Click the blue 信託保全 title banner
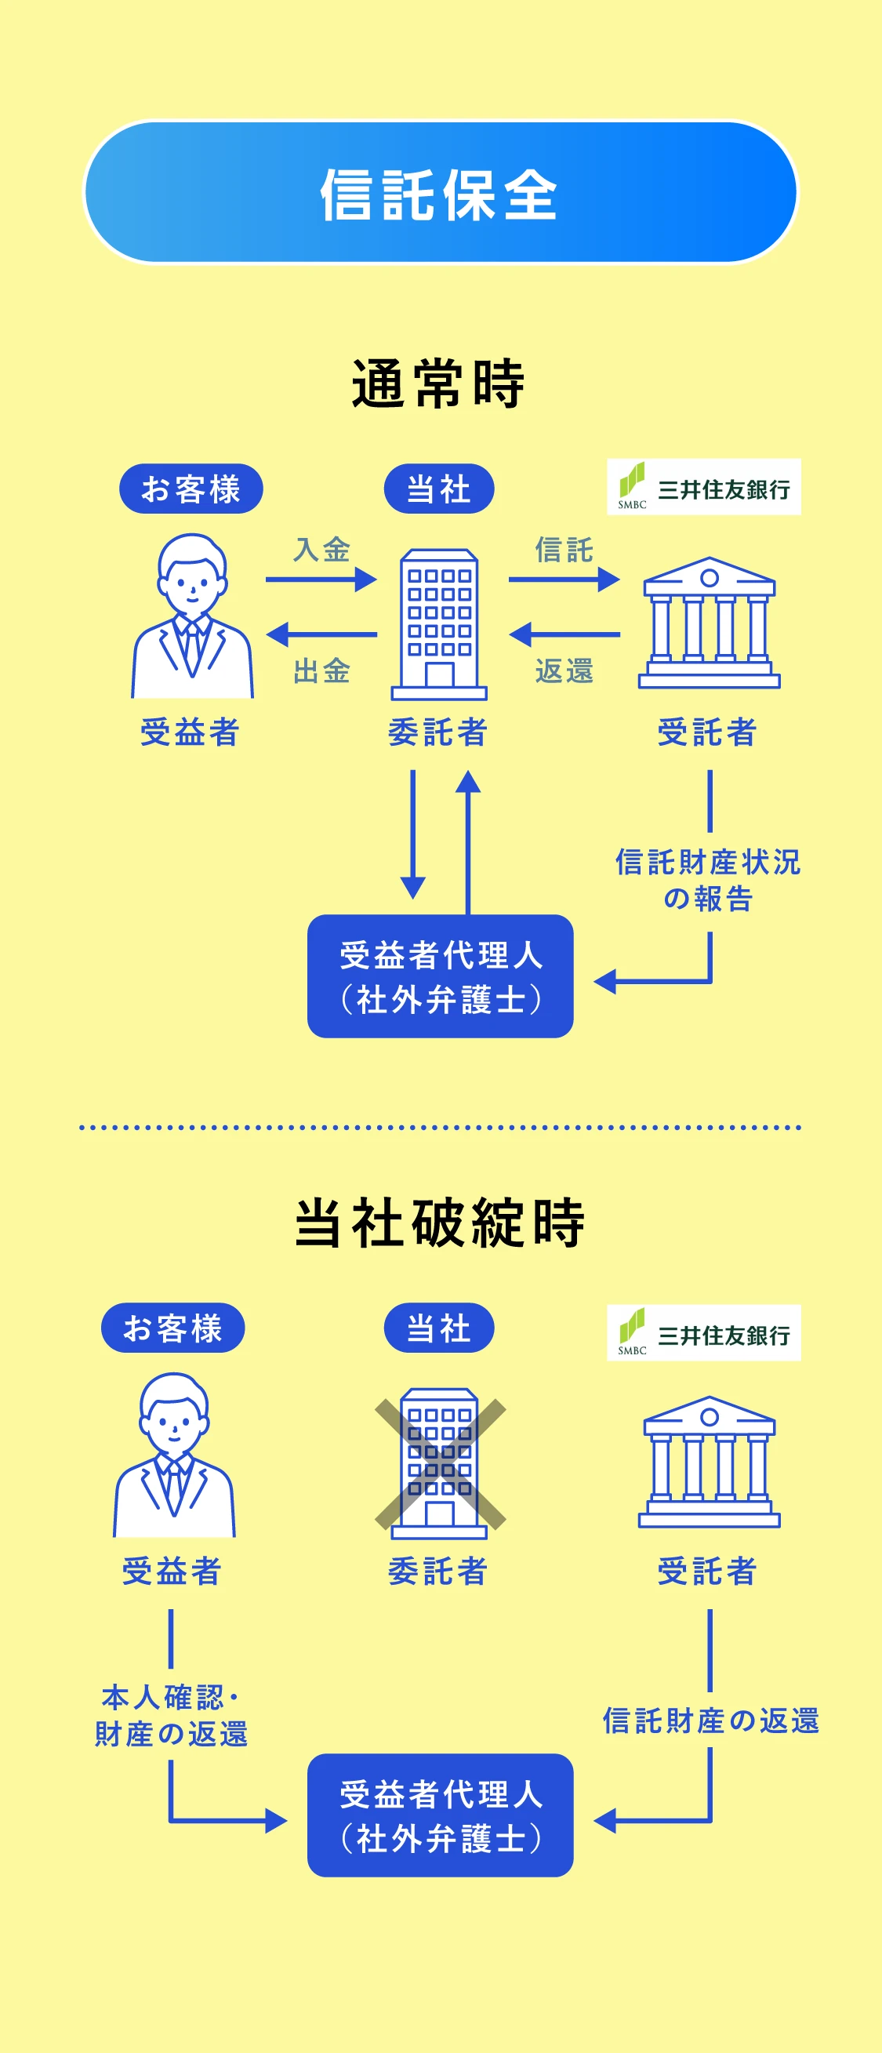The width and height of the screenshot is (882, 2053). [440, 192]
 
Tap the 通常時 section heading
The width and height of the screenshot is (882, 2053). [439, 383]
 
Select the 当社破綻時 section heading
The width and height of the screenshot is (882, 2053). [440, 1223]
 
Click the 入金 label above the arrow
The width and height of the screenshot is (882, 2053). [322, 549]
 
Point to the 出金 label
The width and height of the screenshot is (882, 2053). [322, 671]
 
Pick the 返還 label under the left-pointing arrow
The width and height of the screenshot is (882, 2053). [564, 671]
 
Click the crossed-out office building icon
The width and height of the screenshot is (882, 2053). [440, 1463]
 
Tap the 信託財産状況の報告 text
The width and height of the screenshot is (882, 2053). [707, 880]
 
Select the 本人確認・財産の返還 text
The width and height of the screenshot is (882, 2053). [171, 1716]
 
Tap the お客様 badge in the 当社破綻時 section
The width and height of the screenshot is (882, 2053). [173, 1328]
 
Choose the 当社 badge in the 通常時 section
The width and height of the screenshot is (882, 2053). [439, 489]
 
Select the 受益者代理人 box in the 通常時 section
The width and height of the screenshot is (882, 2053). [440, 976]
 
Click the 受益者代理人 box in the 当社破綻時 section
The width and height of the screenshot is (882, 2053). [440, 1815]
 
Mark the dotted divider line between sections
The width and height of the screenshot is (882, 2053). [440, 1128]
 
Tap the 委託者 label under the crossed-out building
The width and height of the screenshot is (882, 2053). [437, 1571]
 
